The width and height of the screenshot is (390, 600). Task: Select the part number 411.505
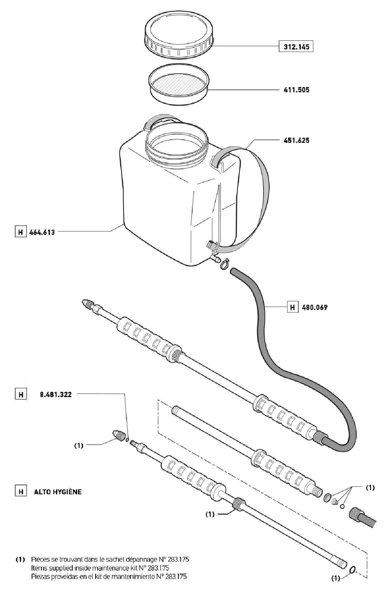297,90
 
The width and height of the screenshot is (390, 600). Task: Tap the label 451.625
297,140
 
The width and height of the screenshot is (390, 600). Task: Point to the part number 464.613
42,232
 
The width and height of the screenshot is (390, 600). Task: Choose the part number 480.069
315,308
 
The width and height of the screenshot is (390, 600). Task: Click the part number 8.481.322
56,395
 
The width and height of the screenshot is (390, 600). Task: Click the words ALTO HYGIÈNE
58,492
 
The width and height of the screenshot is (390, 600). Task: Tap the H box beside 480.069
292,308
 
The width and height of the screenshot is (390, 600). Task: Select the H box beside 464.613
21,232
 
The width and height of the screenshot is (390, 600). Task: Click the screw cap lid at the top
179,37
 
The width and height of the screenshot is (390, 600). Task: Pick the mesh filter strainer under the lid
179,84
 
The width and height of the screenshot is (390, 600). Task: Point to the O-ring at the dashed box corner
353,569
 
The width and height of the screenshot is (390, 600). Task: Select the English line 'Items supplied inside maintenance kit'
110,568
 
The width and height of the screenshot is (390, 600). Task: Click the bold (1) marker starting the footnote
20,559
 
